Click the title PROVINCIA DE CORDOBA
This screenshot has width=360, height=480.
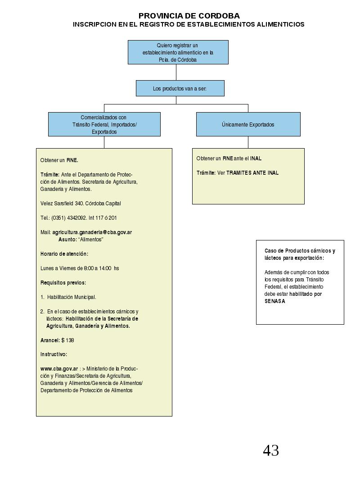pyautogui.click(x=189, y=16)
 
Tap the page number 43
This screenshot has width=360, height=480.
pyautogui.click(x=271, y=450)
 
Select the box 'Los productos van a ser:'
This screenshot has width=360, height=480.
pyautogui.click(x=180, y=88)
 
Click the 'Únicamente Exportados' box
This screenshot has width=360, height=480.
pyautogui.click(x=248, y=124)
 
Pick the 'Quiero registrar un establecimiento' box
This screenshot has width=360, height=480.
pyautogui.click(x=178, y=52)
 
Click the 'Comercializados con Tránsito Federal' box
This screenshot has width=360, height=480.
pyautogui.click(x=104, y=124)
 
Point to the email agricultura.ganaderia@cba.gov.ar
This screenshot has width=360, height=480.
pyautogui.click(x=92, y=232)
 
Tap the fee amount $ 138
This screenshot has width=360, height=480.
pyautogui.click(x=67, y=340)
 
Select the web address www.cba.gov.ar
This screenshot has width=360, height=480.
pyautogui.click(x=59, y=369)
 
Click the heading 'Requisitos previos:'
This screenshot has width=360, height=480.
pyautogui.click(x=63, y=282)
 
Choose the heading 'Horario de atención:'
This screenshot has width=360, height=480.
pyautogui.click(x=64, y=254)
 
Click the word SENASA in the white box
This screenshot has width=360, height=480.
pyautogui.click(x=274, y=301)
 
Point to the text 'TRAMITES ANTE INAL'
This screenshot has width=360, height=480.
pyautogui.click(x=252, y=172)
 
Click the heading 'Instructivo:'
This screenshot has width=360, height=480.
pyautogui.click(x=54, y=354)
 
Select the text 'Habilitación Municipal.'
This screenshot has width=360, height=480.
pyautogui.click(x=72, y=297)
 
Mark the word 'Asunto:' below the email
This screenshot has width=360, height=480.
pyautogui.click(x=67, y=240)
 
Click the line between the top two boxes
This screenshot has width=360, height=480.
pyautogui.click(x=176, y=72)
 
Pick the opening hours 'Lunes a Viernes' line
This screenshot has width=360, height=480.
pyautogui.click(x=80, y=268)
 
